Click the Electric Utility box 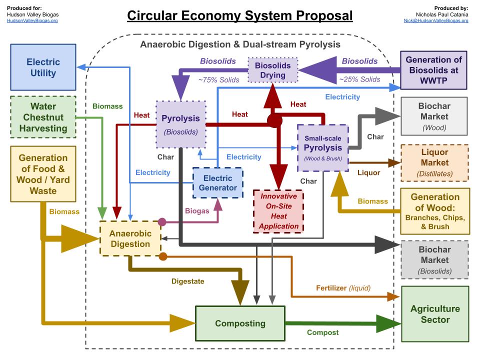tap(43, 67)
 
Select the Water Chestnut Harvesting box tap(43, 117)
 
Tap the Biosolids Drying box tap(273, 70)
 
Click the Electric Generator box tap(217, 183)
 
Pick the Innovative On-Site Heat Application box tap(278, 211)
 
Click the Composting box tap(240, 323)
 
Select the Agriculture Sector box tap(434, 314)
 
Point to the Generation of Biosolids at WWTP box tap(434, 70)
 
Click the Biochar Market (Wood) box tap(434, 116)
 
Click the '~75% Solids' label tap(219, 79)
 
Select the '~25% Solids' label tap(359, 79)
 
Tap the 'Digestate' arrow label tap(187, 281)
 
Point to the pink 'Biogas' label tap(196, 211)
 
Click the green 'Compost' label tap(322, 332)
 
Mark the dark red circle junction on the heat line tap(274, 120)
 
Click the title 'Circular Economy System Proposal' tap(240, 15)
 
